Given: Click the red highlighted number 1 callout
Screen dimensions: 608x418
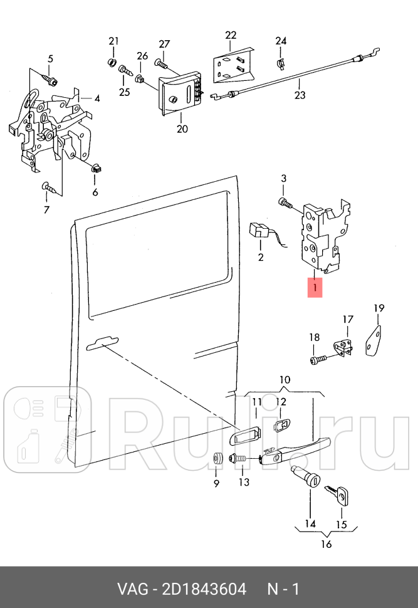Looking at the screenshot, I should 314,288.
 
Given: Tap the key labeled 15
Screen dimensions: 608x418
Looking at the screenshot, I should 340,496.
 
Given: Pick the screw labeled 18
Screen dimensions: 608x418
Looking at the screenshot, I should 316,360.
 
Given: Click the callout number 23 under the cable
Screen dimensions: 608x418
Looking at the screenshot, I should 300,95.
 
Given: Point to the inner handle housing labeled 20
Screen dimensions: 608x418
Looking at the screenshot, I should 181,93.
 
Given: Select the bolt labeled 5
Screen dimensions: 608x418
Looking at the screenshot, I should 51,80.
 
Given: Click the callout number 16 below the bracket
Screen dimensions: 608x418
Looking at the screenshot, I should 326,544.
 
